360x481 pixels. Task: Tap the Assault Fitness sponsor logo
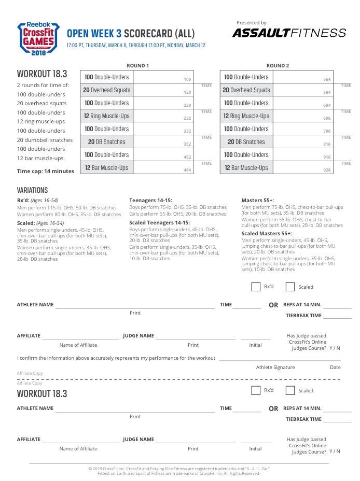coord(289,33)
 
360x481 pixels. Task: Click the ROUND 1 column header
coord(138,66)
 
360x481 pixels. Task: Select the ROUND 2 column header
coord(278,66)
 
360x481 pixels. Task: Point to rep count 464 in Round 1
coord(187,170)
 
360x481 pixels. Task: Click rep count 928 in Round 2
coord(327,170)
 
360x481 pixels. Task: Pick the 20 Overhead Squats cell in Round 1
coord(107,90)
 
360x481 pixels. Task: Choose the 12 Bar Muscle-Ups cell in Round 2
coord(246,168)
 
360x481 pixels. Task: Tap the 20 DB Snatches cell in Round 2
coord(246,142)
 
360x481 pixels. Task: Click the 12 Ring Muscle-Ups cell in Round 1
coord(107,116)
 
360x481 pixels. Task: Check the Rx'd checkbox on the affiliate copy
coord(256,287)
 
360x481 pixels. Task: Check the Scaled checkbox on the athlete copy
coord(290,390)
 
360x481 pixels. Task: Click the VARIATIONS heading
coord(32,190)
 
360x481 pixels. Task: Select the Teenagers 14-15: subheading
coord(150,200)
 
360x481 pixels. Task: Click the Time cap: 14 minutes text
coord(46,171)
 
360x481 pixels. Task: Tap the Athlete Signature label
coord(275,367)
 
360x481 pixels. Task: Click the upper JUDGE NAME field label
coord(139,336)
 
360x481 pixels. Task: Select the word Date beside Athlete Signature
coord(335,367)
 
